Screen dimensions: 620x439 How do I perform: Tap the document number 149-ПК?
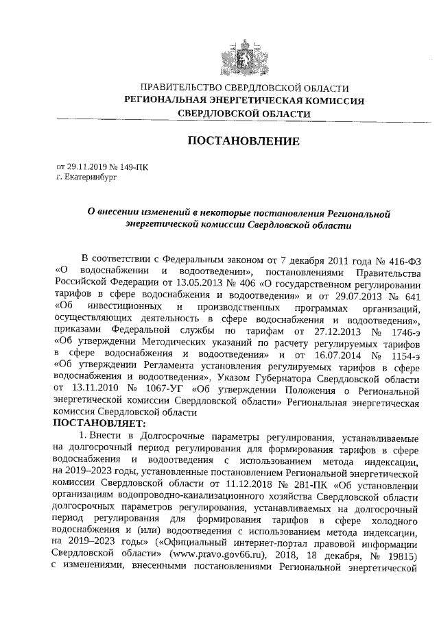tap(132, 166)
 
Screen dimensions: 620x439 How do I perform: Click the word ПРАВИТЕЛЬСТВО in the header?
tap(177, 88)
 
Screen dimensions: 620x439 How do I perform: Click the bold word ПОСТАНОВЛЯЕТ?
tap(95, 424)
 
